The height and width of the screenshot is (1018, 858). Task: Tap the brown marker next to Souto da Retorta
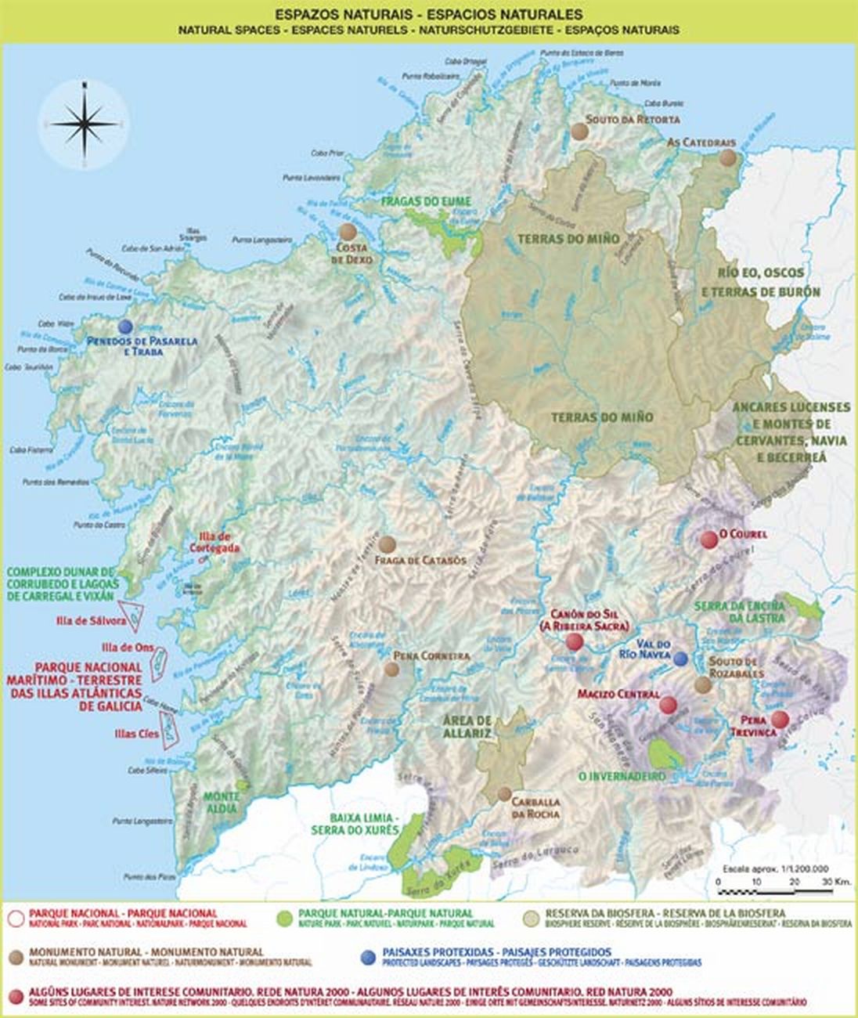(579, 131)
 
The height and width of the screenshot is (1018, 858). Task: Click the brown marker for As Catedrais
(728, 157)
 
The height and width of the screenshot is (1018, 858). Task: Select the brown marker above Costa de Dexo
(347, 232)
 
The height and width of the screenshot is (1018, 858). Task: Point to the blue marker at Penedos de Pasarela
(124, 327)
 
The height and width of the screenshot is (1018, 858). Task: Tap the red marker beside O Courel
(709, 539)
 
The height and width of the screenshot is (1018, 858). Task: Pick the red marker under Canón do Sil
(575, 642)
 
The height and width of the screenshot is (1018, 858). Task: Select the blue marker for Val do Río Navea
(681, 658)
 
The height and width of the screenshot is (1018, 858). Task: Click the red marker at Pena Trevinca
(780, 720)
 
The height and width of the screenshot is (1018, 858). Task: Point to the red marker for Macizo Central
(668, 706)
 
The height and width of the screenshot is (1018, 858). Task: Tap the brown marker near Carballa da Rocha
(505, 793)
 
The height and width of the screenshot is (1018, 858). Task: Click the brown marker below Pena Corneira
(391, 669)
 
